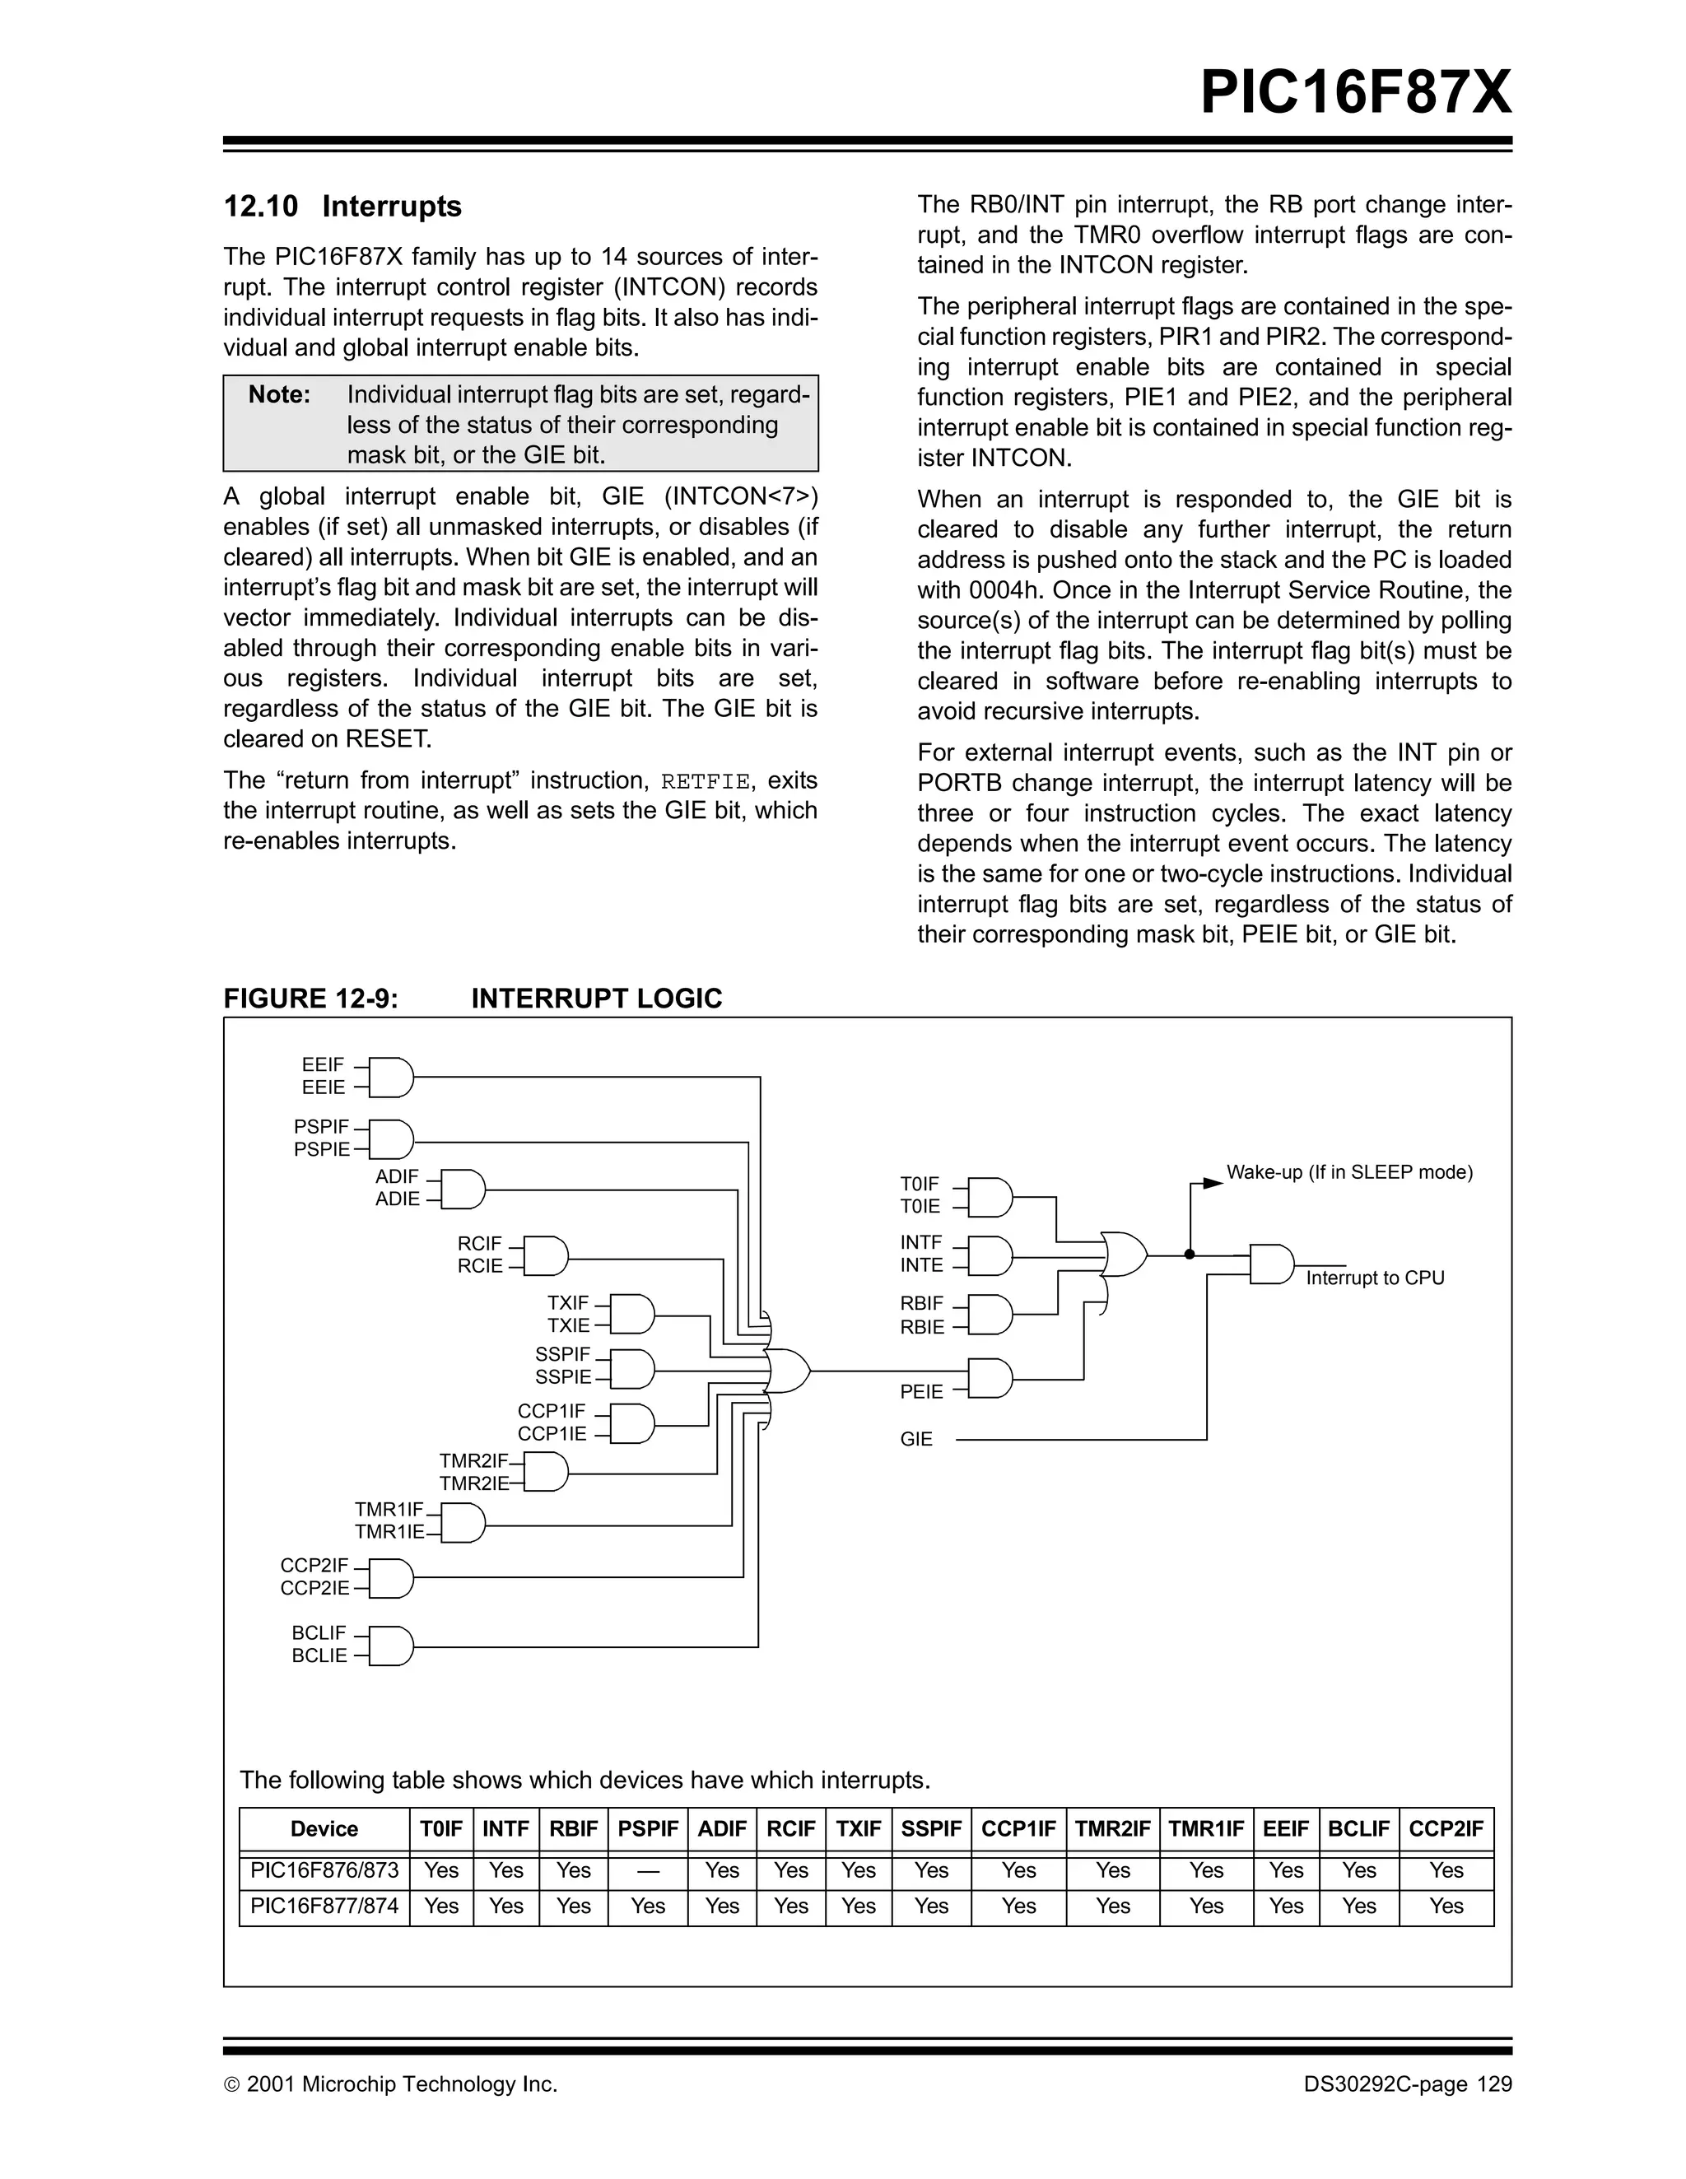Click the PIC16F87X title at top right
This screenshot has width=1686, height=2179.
[x=1355, y=93]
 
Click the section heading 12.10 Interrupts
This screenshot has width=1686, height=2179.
[x=342, y=207]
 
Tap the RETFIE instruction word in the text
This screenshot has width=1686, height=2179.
[x=705, y=781]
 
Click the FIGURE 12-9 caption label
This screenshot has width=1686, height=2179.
[x=310, y=999]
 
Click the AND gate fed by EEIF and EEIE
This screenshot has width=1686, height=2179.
[x=390, y=1077]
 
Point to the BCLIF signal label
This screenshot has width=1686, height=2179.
[x=319, y=1633]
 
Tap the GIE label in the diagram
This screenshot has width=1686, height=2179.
[x=915, y=1439]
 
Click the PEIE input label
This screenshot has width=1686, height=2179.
[x=921, y=1392]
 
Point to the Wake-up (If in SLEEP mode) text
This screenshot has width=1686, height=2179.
[x=1348, y=1172]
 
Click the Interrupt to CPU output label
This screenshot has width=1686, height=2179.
[x=1375, y=1278]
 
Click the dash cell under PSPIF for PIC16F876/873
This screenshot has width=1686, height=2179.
[x=647, y=1870]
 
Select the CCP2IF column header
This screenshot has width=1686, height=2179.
[x=1446, y=1829]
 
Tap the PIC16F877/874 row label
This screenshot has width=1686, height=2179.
[x=324, y=1906]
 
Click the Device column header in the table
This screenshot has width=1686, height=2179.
[x=324, y=1829]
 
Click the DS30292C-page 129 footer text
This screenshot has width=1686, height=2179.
[x=1407, y=2084]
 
